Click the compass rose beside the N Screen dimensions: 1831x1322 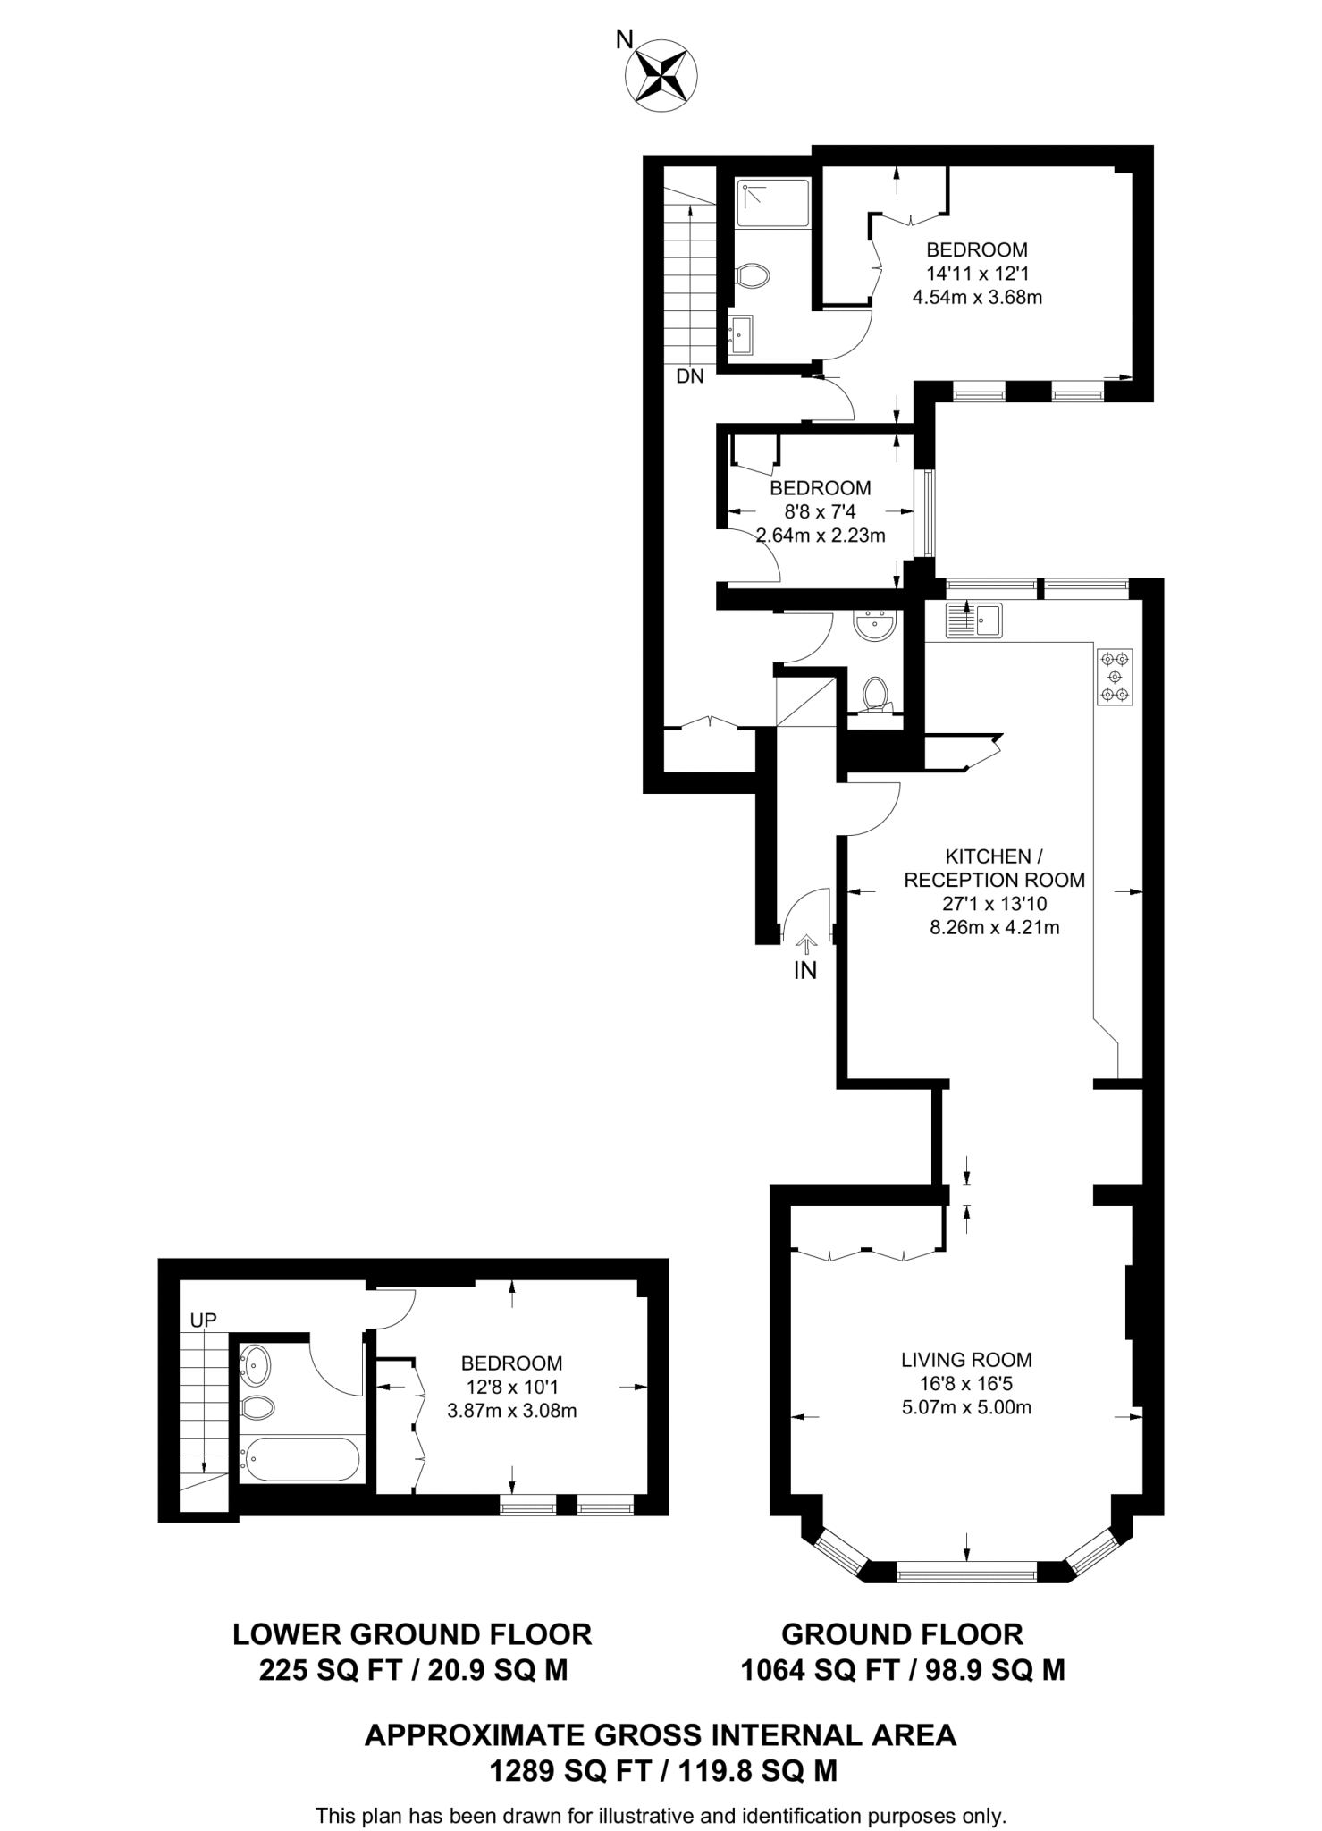[661, 76]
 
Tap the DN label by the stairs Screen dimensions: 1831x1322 [689, 376]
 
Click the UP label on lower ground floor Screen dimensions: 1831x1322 [203, 1320]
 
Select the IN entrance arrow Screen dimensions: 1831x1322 [805, 944]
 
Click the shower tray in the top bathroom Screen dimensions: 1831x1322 [772, 203]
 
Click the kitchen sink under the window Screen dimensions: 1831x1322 [973, 620]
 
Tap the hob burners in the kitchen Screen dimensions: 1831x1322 [1114, 677]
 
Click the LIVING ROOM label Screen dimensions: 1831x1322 [965, 1360]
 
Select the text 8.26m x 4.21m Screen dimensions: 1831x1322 [994, 927]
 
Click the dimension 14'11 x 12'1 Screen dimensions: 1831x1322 [976, 274]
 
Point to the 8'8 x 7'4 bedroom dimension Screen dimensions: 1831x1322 [820, 512]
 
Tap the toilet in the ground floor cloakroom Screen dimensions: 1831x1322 [874, 693]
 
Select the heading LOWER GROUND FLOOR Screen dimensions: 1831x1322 [412, 1634]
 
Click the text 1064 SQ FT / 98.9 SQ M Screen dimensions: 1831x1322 [902, 1670]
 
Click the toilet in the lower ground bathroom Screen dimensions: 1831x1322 [257, 1408]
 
